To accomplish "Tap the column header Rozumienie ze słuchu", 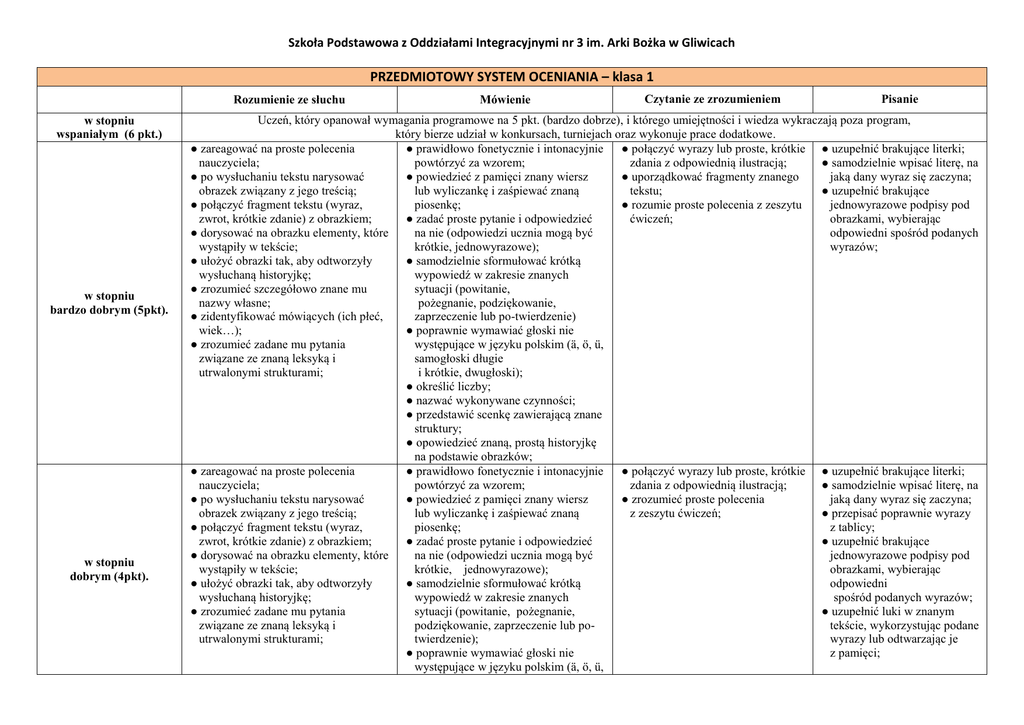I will [x=289, y=100].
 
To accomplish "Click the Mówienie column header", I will [x=505, y=100].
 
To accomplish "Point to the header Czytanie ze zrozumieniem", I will [x=712, y=99].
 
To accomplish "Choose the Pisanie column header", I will [x=899, y=99].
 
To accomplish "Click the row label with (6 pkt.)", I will [x=109, y=133].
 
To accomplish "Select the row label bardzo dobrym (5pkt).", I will [x=109, y=310].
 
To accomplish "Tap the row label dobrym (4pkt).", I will [x=109, y=576].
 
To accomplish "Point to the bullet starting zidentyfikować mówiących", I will [x=290, y=316].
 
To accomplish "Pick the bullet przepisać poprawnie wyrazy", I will [x=900, y=513].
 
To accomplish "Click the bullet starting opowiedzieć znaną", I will [x=505, y=441].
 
